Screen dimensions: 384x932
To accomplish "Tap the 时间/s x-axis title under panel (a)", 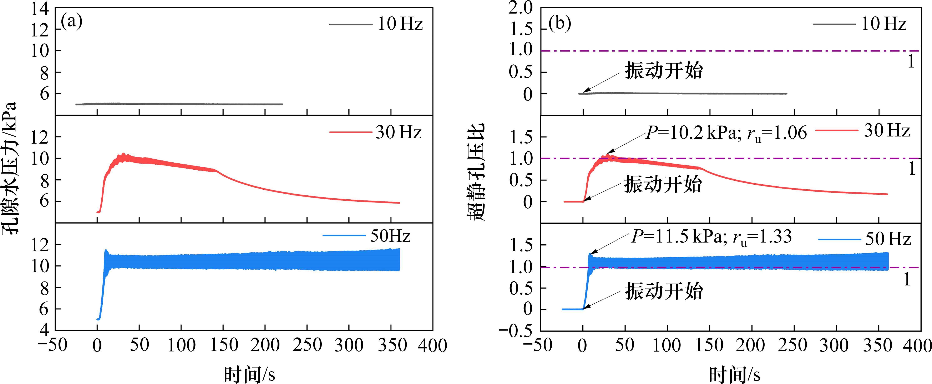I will click(250, 374).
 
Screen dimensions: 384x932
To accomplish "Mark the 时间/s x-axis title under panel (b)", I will click(734, 374).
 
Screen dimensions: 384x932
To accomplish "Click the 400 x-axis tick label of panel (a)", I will click(432, 346).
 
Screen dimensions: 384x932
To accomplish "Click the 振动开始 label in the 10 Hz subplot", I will click(664, 71).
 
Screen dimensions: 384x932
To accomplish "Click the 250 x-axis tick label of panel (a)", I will click(307, 346).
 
